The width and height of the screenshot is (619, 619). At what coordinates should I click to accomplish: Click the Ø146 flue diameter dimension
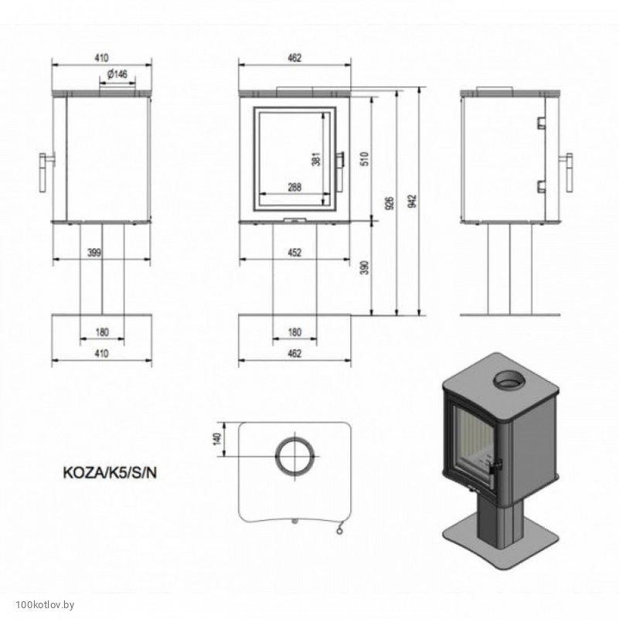tap(117, 74)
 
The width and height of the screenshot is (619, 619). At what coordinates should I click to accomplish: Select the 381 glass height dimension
tap(317, 159)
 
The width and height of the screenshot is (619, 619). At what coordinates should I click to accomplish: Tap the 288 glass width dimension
tap(294, 187)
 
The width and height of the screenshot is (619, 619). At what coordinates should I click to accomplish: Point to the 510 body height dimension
tap(366, 158)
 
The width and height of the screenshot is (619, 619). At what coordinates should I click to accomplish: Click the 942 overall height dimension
tap(413, 202)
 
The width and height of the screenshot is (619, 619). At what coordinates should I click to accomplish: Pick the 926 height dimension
tap(390, 203)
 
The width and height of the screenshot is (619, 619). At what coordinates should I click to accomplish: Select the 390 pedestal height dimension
tap(366, 267)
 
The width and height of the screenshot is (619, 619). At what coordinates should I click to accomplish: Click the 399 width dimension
tap(94, 253)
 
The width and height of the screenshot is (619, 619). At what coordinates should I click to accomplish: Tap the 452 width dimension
tap(294, 253)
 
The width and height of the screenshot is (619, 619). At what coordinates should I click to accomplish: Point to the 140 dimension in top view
tap(216, 439)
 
